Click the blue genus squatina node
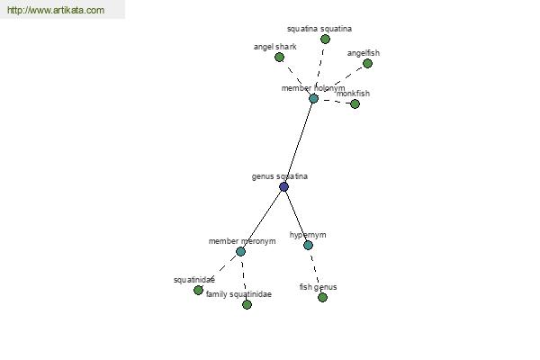click(x=283, y=187)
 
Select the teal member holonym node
click(x=313, y=99)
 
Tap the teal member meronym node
click(x=240, y=252)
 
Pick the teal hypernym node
click(x=308, y=245)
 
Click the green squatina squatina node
click(x=325, y=40)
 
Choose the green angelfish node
click(x=366, y=63)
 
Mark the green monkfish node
click(x=355, y=104)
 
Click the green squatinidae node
click(x=198, y=291)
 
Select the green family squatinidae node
click(x=247, y=305)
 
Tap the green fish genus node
click(x=322, y=298)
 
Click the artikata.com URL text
click(x=56, y=11)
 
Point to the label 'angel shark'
click(x=274, y=46)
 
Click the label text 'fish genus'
click(x=318, y=287)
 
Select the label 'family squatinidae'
click(x=238, y=294)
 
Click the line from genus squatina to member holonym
click(x=299, y=142)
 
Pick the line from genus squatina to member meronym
click(x=262, y=220)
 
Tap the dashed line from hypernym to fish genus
click(x=315, y=272)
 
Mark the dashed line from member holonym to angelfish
click(x=340, y=81)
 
